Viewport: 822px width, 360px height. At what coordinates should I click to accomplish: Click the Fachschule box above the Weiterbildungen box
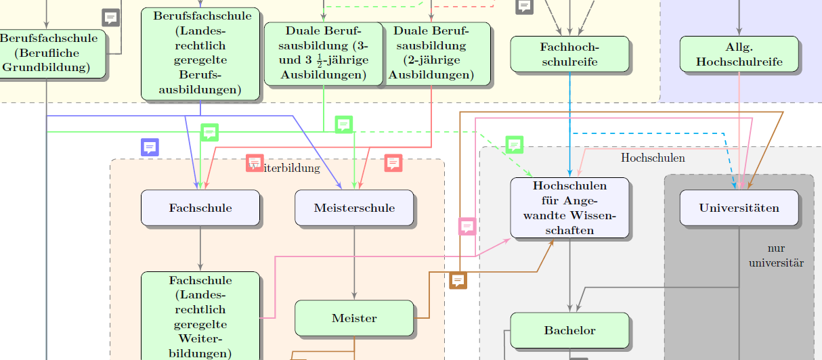pos(200,208)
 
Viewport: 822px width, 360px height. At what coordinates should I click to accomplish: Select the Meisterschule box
pos(354,208)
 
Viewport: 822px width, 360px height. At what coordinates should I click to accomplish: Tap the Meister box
pos(354,318)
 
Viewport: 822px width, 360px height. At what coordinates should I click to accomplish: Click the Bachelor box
pos(569,330)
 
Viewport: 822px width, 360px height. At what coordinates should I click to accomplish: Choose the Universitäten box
pos(739,208)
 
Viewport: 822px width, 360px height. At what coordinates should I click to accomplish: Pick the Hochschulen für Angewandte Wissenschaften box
pos(569,208)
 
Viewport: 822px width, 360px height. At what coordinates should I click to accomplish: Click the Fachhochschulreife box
pos(569,54)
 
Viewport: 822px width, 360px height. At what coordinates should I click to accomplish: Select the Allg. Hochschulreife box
pos(739,54)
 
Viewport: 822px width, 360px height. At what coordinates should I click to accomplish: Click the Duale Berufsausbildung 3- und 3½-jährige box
pos(324,53)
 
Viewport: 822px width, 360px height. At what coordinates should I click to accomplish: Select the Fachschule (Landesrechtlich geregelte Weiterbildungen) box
pos(200,317)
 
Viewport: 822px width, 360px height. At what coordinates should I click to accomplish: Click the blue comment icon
pos(150,147)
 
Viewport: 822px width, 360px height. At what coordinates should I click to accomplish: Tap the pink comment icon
pos(467,226)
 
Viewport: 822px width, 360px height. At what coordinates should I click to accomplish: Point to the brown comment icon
pos(458,279)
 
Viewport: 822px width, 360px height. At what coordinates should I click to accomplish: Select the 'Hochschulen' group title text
pos(653,158)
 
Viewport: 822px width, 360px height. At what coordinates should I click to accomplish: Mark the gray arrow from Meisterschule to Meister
pos(354,264)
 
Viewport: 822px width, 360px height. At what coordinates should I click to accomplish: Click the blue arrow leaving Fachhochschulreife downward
pos(570,122)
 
